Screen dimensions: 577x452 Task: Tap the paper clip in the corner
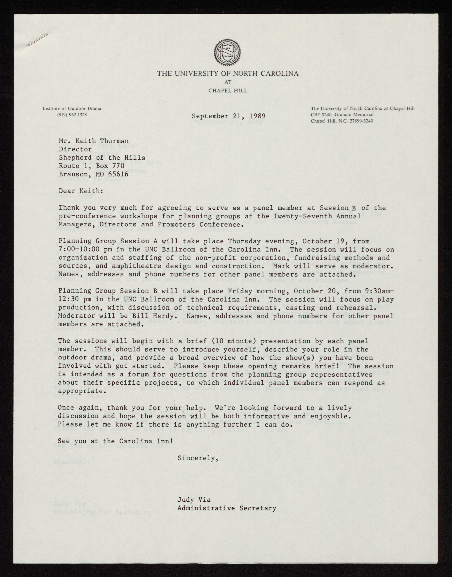37,40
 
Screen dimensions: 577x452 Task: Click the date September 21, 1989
228,116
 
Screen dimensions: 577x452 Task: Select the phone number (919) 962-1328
72,115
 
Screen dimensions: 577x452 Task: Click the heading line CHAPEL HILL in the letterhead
228,91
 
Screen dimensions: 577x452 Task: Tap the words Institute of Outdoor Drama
72,108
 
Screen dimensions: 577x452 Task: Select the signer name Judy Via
194,500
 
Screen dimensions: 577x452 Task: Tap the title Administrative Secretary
227,508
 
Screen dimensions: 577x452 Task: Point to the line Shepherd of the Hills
102,158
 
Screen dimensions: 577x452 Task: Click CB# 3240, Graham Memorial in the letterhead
342,115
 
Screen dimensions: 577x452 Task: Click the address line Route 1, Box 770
92,166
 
